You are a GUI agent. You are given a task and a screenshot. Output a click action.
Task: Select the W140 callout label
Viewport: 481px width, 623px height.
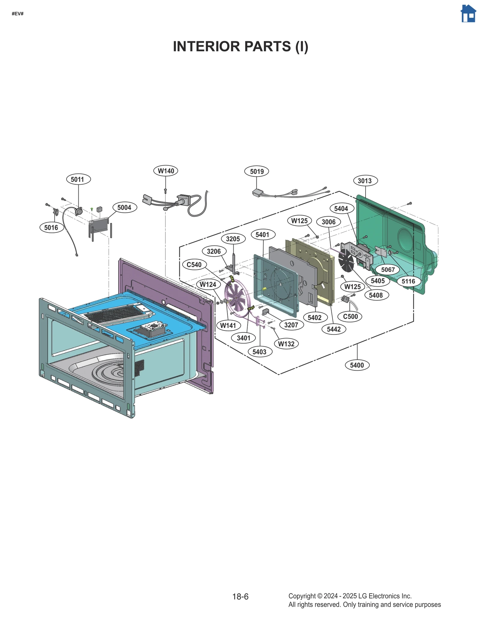(x=166, y=171)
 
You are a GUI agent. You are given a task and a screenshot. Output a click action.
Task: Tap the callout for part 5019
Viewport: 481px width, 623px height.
(x=256, y=171)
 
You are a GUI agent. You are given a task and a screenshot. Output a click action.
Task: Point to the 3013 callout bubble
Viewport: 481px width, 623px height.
(x=365, y=181)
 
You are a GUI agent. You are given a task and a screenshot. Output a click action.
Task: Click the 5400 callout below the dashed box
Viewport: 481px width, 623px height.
(x=357, y=365)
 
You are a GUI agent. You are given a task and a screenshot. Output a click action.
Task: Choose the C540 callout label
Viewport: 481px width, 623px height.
(x=194, y=265)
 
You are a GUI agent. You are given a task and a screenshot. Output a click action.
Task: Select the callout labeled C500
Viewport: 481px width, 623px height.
(x=350, y=316)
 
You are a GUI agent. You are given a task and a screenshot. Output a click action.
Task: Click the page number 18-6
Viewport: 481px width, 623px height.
(x=240, y=597)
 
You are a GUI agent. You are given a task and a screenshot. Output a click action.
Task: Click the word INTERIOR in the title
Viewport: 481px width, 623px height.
(x=206, y=47)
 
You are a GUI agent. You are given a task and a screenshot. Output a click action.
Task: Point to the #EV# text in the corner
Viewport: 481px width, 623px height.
(x=17, y=14)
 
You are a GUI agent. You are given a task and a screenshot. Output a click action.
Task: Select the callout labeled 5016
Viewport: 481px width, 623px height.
(x=51, y=227)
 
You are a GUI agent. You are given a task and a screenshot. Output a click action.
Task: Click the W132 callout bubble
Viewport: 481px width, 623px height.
(x=286, y=344)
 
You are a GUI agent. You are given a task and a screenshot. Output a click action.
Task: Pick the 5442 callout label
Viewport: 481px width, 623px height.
(x=334, y=329)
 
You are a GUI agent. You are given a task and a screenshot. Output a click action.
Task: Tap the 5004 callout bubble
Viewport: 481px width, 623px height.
(x=124, y=208)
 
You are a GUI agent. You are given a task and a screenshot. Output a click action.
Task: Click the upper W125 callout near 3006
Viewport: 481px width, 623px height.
(x=299, y=221)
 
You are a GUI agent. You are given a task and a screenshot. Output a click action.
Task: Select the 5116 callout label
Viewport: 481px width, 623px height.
(x=408, y=281)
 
